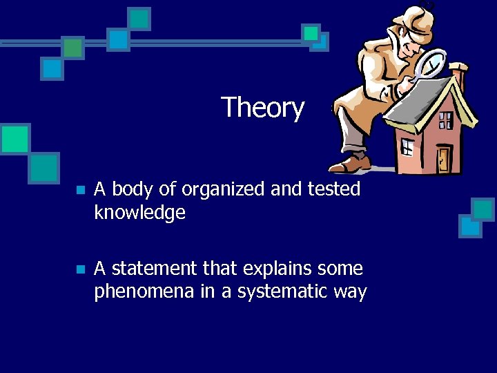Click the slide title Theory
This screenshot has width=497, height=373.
pyautogui.click(x=262, y=108)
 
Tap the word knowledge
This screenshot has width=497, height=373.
pyautogui.click(x=139, y=213)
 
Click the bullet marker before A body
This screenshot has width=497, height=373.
pyautogui.click(x=80, y=190)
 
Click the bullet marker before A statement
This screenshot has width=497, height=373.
pyautogui.click(x=80, y=269)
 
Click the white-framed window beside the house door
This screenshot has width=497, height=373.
pyautogui.click(x=408, y=146)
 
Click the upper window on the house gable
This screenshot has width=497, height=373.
pyautogui.click(x=446, y=120)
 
